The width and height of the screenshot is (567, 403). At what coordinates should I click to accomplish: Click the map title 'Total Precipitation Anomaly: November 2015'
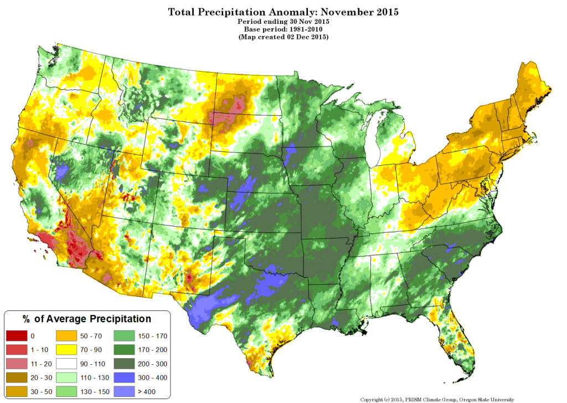click(x=283, y=12)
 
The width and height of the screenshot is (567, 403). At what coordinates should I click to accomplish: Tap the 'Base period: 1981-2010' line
click(x=283, y=29)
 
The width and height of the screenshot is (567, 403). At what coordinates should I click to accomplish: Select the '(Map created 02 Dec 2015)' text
click(x=283, y=37)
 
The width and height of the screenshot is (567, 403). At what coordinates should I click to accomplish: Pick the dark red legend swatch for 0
click(x=16, y=336)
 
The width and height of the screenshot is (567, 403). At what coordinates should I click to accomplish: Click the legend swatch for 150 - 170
click(x=124, y=336)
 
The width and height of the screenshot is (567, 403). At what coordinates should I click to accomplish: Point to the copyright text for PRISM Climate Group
click(x=437, y=399)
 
